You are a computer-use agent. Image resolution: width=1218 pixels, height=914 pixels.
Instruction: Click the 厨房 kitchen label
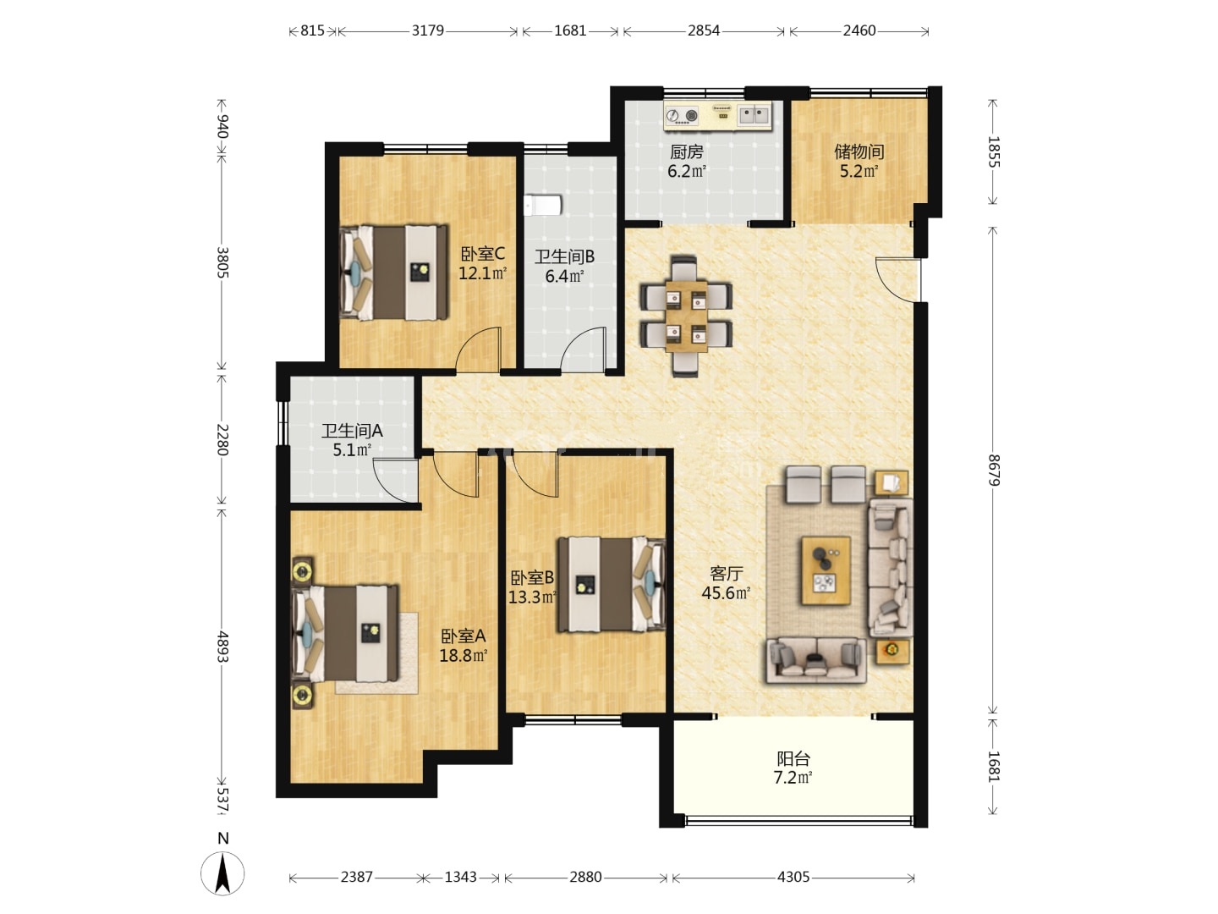pos(687,151)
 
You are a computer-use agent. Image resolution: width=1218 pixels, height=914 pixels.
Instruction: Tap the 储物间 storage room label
pos(859,151)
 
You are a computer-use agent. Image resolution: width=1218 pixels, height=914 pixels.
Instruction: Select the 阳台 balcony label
pos(793,758)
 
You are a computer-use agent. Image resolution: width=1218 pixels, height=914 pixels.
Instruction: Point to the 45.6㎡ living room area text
pos(726,592)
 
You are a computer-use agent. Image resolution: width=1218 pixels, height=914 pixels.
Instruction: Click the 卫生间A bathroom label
pos(352,431)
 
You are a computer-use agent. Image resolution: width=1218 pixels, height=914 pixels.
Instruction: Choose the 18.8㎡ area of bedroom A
pos(464,655)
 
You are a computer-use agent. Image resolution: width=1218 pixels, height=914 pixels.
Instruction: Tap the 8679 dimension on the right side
pos(993,470)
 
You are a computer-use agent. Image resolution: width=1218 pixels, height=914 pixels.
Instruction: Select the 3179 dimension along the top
pos(427,30)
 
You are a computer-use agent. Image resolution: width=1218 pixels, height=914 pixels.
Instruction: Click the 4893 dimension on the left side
pos(222,647)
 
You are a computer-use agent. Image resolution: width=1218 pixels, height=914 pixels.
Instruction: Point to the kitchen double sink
pos(754,115)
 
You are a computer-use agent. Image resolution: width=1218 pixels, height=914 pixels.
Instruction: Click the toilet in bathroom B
pos(543,205)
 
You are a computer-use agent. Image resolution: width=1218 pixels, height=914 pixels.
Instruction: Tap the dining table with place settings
pos(687,317)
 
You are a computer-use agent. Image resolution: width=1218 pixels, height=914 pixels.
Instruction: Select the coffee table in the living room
pos(826,570)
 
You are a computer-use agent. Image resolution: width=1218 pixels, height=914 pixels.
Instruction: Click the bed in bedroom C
pos(394,273)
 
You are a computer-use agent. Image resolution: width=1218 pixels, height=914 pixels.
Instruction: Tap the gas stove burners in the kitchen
pos(683,115)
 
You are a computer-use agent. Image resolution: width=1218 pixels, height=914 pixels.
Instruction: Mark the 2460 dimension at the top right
pos(859,30)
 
